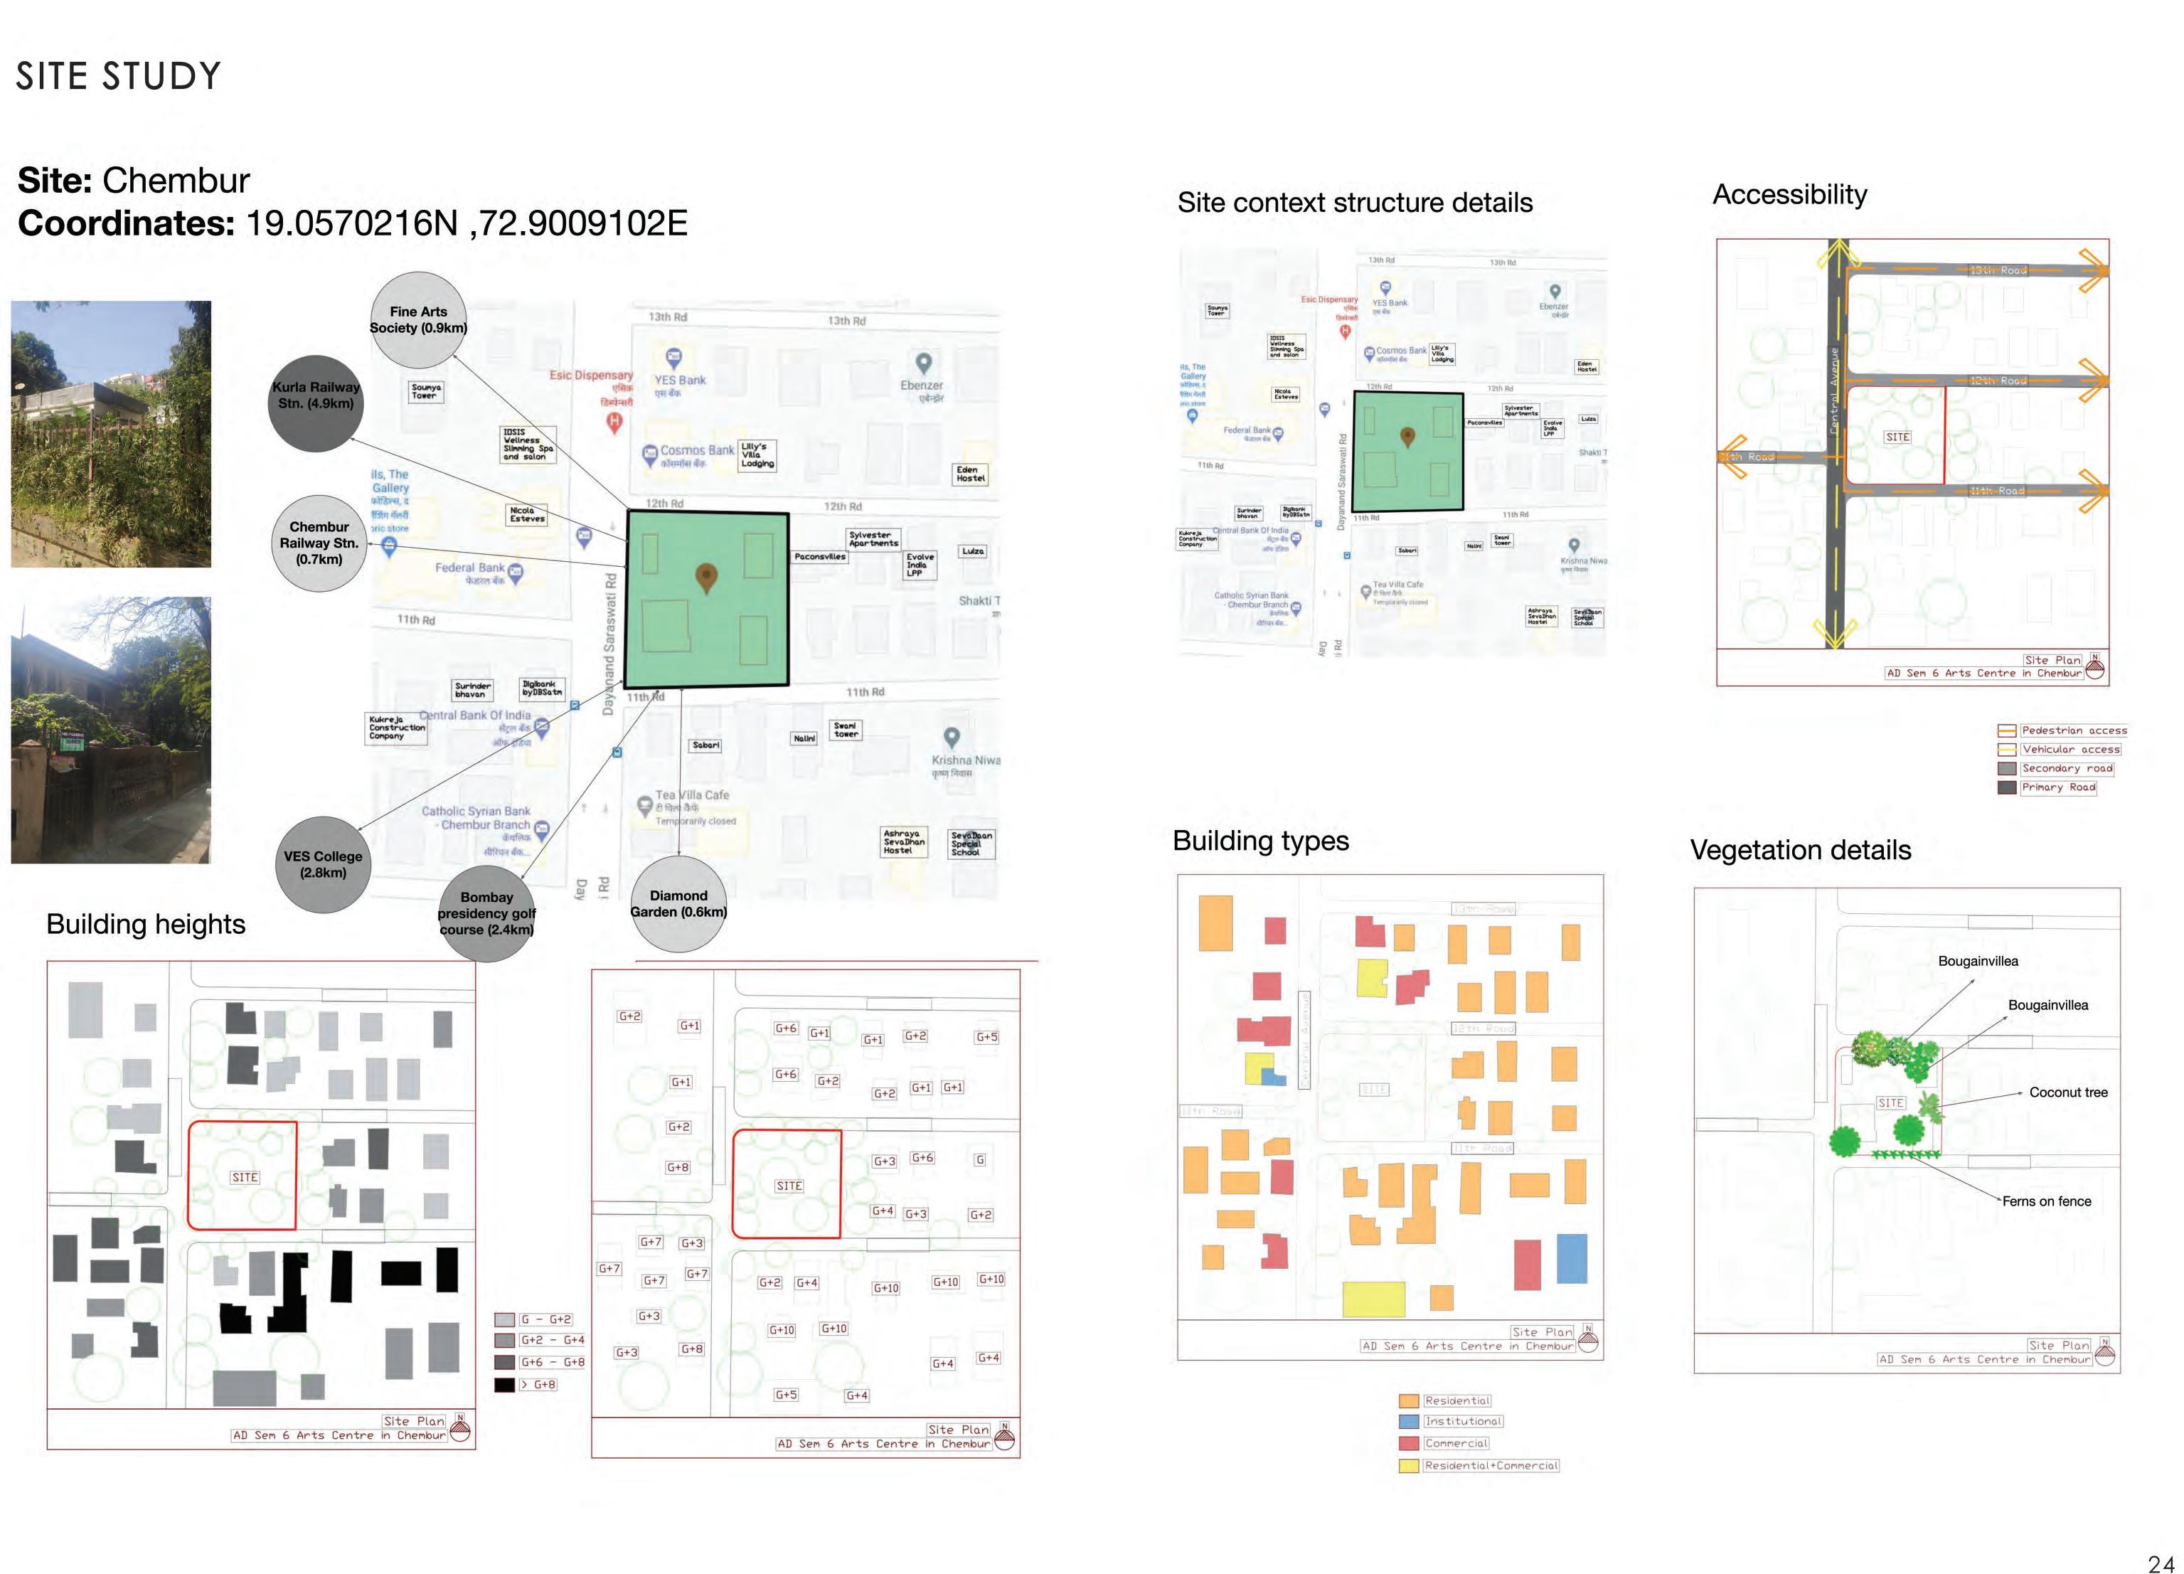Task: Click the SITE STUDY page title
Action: click(119, 76)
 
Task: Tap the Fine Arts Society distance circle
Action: click(418, 319)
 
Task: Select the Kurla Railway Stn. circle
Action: click(316, 403)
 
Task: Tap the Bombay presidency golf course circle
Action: click(486, 913)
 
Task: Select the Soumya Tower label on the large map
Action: click(425, 391)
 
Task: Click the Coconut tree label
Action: click(2067, 1092)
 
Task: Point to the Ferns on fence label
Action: click(2046, 1201)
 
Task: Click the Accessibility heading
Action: click(1789, 195)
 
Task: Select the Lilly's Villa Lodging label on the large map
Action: click(757, 454)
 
